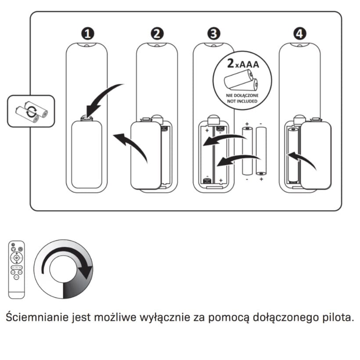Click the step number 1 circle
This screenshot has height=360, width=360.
(88, 34)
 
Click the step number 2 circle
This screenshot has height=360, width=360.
(157, 34)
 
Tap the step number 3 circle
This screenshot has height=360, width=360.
(214, 34)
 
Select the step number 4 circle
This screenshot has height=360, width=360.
(300, 34)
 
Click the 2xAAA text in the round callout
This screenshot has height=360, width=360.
(243, 64)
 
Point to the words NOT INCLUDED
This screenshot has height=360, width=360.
(242, 101)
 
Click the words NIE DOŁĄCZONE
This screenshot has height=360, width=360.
(242, 96)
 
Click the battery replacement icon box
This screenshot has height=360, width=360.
(31, 111)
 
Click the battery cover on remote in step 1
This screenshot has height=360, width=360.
(86, 154)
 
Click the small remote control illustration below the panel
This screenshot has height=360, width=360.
(17, 270)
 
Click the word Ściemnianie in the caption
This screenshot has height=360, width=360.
(37, 317)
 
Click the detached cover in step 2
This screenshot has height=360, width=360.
(146, 155)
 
